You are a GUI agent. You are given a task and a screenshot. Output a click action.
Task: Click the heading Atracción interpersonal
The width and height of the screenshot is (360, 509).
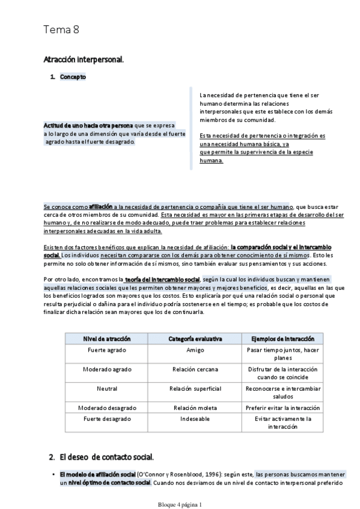(x=84, y=59)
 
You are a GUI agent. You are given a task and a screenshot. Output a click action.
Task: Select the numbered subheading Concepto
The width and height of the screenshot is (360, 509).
(x=73, y=77)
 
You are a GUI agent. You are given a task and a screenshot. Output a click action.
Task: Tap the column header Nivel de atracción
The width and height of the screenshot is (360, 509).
(x=106, y=339)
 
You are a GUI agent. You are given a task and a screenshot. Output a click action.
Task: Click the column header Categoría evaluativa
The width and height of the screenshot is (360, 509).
(x=195, y=339)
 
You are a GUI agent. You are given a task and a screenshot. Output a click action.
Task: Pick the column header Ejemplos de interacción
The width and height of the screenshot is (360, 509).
(x=278, y=339)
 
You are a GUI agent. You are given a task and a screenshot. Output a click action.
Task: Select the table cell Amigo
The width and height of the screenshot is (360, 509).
(x=195, y=350)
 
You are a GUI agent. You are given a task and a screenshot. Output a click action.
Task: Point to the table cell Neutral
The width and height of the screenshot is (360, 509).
(x=106, y=388)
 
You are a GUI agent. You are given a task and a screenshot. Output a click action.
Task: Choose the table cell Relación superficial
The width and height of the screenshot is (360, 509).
(x=195, y=388)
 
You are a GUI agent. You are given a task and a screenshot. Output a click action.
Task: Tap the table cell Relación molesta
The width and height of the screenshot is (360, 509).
(x=195, y=408)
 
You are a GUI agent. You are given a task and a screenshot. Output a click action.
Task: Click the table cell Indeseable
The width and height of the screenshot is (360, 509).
(x=195, y=419)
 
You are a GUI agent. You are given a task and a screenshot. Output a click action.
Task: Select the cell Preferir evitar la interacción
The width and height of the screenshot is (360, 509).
(x=278, y=408)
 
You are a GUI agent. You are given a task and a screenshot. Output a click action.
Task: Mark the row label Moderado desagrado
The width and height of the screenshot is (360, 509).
(x=106, y=408)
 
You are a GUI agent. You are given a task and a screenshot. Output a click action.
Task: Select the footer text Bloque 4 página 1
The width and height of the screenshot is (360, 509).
(x=180, y=505)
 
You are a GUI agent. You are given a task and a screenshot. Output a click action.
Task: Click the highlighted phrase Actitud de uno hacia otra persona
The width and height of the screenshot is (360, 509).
(x=88, y=125)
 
